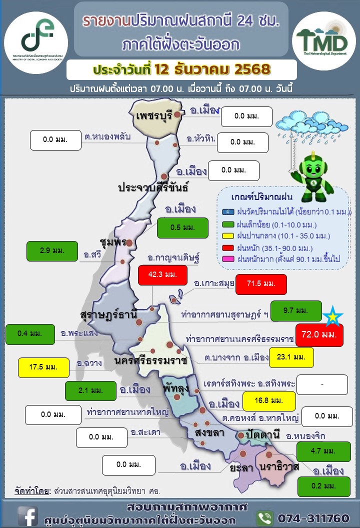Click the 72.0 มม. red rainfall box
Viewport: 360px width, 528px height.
[319, 335]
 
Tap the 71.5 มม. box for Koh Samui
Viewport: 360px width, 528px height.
[261, 284]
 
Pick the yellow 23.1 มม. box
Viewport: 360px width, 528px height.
[291, 357]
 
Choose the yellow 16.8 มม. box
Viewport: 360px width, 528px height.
[269, 400]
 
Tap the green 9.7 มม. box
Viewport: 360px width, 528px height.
[296, 311]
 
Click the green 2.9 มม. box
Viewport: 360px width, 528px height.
[52, 251]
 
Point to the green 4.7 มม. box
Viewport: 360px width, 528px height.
[323, 451]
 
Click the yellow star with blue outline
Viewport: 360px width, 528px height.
[332, 316]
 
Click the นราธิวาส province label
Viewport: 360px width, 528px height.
[279, 466]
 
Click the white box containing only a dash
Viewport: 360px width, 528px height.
[322, 384]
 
